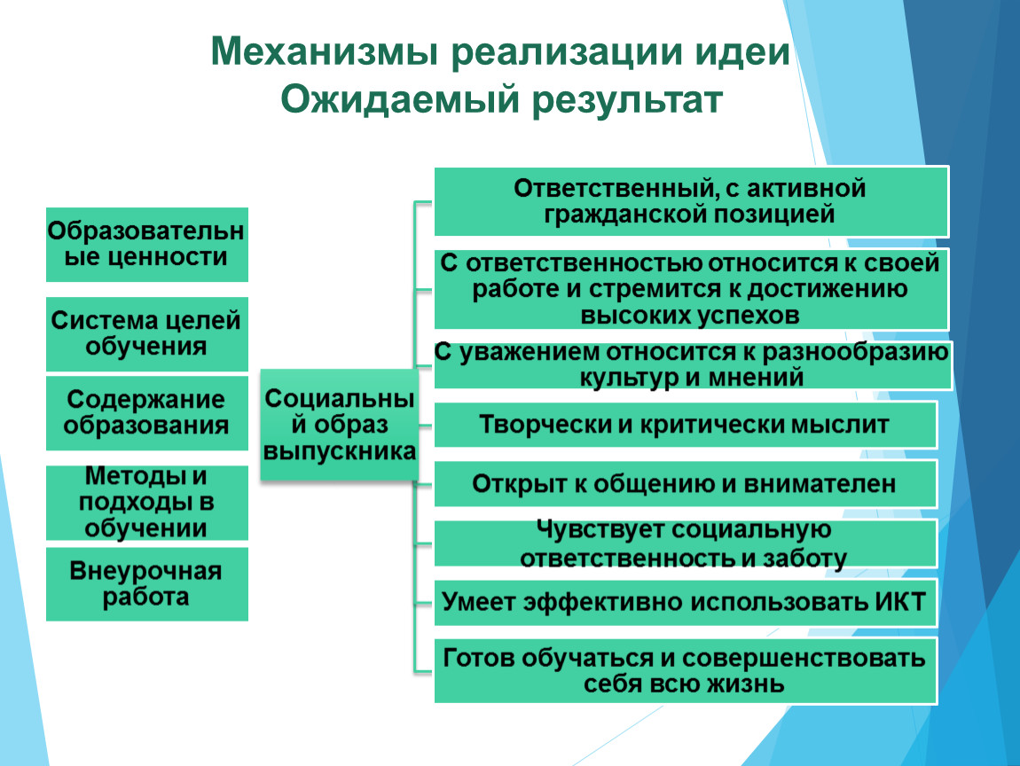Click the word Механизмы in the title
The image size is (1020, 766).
point(325,51)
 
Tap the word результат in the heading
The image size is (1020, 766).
point(627,101)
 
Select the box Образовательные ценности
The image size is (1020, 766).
point(147,245)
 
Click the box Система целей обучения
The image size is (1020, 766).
point(147,334)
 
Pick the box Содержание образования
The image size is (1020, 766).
point(147,413)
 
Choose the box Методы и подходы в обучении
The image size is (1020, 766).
point(147,503)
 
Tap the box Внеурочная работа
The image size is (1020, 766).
point(147,584)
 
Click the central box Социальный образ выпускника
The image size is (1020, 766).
point(339,425)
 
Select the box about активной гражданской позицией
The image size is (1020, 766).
point(692,201)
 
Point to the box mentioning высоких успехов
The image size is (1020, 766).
point(692,289)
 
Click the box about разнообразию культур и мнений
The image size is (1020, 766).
point(693,364)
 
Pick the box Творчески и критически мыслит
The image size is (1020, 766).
point(686,425)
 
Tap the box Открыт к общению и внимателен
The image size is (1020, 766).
point(686,484)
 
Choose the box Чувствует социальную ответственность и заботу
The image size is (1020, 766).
point(686,543)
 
